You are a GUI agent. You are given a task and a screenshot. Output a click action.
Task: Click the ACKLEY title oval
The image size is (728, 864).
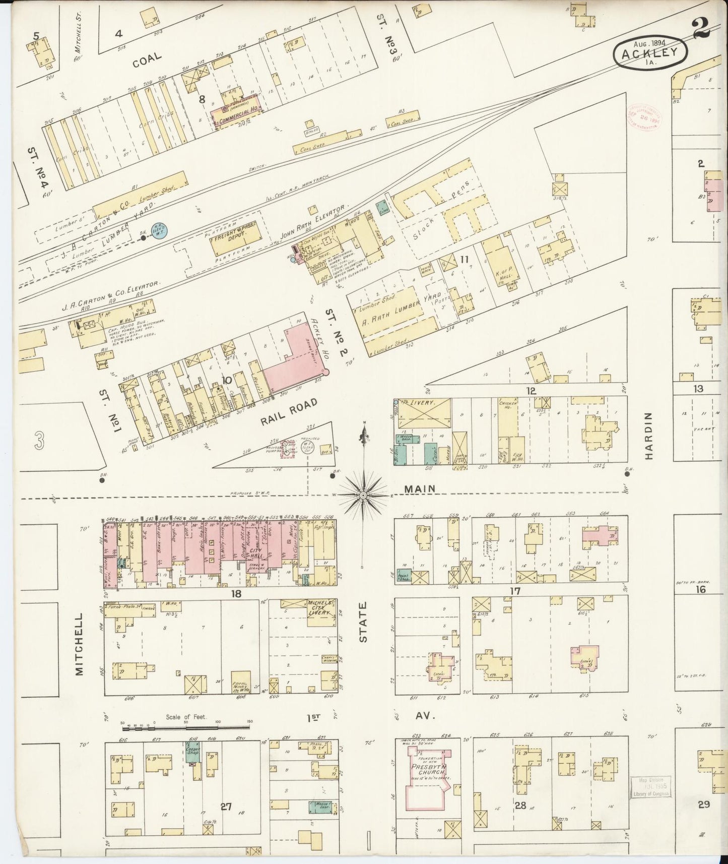pyautogui.click(x=651, y=51)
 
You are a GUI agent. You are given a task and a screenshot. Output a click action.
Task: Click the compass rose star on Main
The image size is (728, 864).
pyautogui.click(x=363, y=496)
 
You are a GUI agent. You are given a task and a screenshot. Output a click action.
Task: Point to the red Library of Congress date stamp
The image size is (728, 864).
pyautogui.click(x=645, y=117)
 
